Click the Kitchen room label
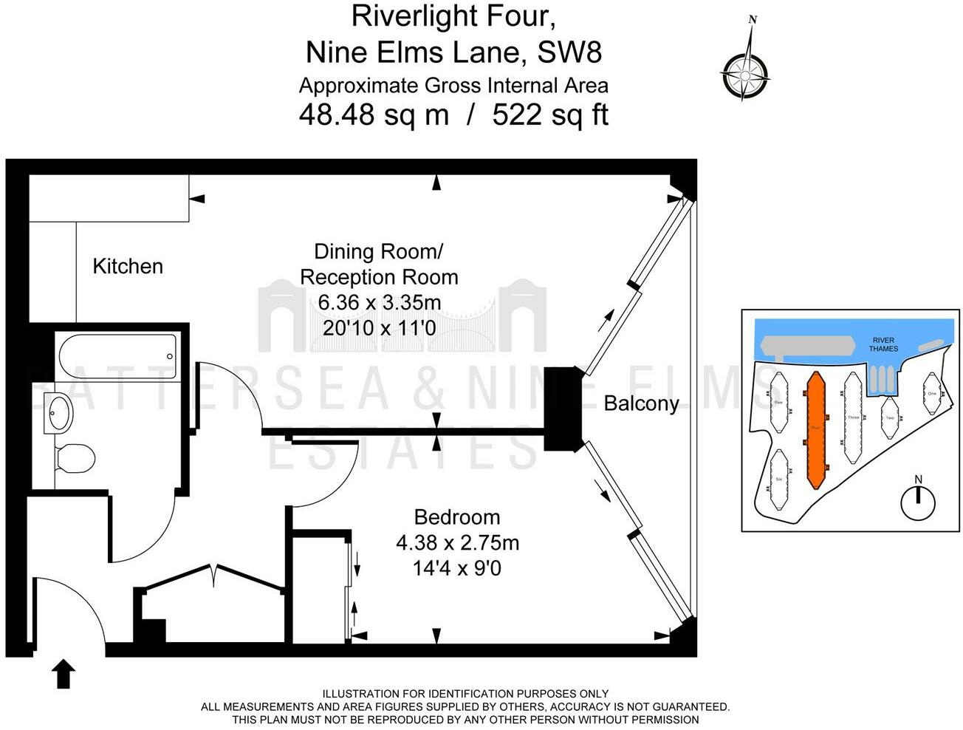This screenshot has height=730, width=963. coord(128,266)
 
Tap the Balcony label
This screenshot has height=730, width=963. coord(641,403)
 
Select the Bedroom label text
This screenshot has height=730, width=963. coord(456,517)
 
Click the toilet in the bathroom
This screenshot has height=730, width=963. coord(75,458)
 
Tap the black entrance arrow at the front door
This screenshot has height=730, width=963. coord(64,674)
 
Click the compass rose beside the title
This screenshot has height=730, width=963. coord(745,74)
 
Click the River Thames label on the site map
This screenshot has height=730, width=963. coord(883,345)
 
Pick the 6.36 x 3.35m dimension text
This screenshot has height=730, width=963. coord(380,302)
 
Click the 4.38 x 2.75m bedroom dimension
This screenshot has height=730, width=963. coord(457,543)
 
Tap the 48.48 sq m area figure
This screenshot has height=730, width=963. coord(374,115)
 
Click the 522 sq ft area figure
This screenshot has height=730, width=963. coord(550,115)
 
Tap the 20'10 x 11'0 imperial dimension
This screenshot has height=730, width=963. coord(380,327)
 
